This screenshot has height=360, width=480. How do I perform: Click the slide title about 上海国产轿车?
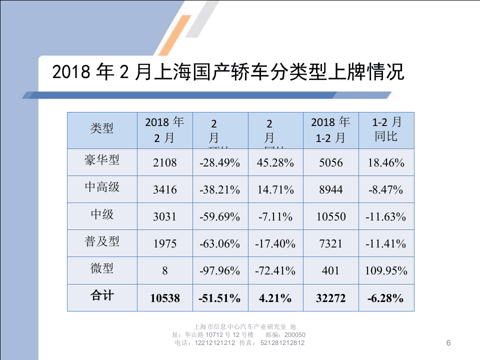(227, 73)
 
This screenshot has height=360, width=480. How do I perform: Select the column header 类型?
(102, 128)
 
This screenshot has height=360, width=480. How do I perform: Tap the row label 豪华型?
(102, 160)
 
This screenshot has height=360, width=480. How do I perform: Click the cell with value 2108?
(165, 163)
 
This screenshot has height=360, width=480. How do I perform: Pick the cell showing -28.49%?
(220, 163)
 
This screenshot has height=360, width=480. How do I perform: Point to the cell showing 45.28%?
(275, 163)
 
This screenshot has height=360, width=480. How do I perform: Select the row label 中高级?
(102, 187)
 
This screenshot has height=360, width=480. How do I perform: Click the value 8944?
(330, 190)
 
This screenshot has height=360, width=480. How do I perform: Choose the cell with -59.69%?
(220, 217)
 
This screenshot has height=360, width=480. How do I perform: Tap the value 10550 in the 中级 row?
(330, 217)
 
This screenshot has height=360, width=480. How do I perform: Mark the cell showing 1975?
(165, 244)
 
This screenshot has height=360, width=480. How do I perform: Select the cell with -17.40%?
(275, 244)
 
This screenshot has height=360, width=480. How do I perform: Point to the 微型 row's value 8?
(165, 271)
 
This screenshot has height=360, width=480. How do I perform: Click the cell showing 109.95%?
(386, 271)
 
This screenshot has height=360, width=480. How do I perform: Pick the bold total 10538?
(165, 298)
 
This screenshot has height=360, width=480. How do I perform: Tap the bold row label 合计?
(102, 296)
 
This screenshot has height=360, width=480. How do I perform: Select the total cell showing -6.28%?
(386, 298)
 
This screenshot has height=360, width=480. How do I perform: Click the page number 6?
(448, 342)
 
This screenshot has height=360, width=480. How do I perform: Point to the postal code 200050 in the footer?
(295, 335)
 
